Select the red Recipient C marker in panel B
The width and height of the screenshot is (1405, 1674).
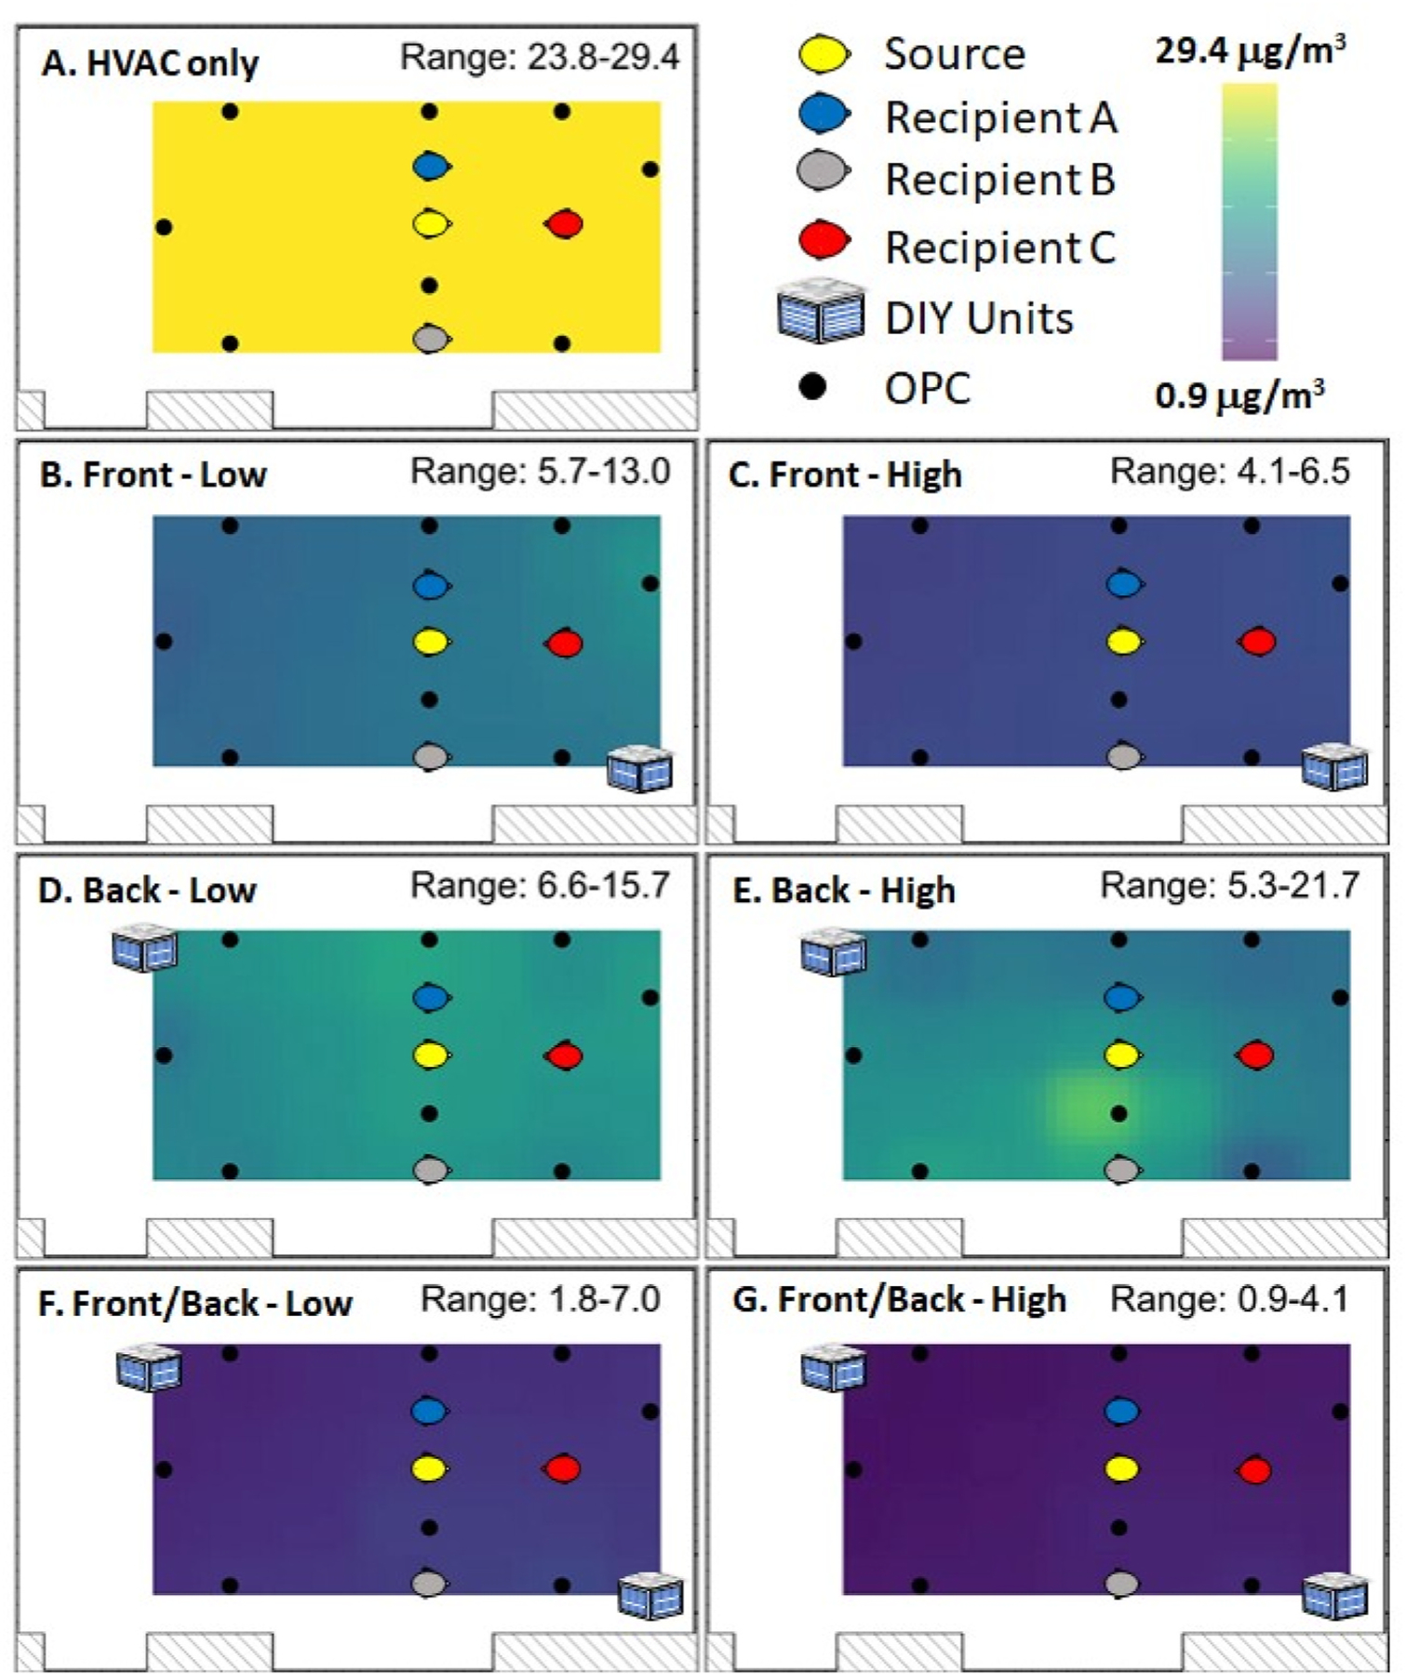tap(564, 643)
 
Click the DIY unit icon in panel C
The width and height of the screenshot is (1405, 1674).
tap(1335, 767)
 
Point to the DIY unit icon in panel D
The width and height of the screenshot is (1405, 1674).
tap(145, 949)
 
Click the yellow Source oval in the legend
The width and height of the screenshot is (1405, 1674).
tap(824, 54)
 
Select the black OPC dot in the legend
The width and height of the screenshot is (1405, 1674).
tap(813, 386)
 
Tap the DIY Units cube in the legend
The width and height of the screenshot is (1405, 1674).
tap(821, 312)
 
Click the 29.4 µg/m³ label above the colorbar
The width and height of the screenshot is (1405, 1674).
tap(1250, 51)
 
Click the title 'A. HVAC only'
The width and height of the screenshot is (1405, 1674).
tap(150, 63)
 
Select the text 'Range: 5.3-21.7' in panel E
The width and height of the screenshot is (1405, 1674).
tap(1229, 886)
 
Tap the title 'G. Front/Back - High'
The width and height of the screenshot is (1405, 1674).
tap(899, 1299)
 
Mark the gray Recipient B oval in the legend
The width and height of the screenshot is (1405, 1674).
tap(823, 173)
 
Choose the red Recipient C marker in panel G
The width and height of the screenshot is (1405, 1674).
tap(1254, 1470)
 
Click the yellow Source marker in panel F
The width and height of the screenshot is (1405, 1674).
tap(429, 1468)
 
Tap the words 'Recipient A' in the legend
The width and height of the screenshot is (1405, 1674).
tap(1000, 118)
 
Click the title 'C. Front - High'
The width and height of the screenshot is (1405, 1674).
tap(845, 475)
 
